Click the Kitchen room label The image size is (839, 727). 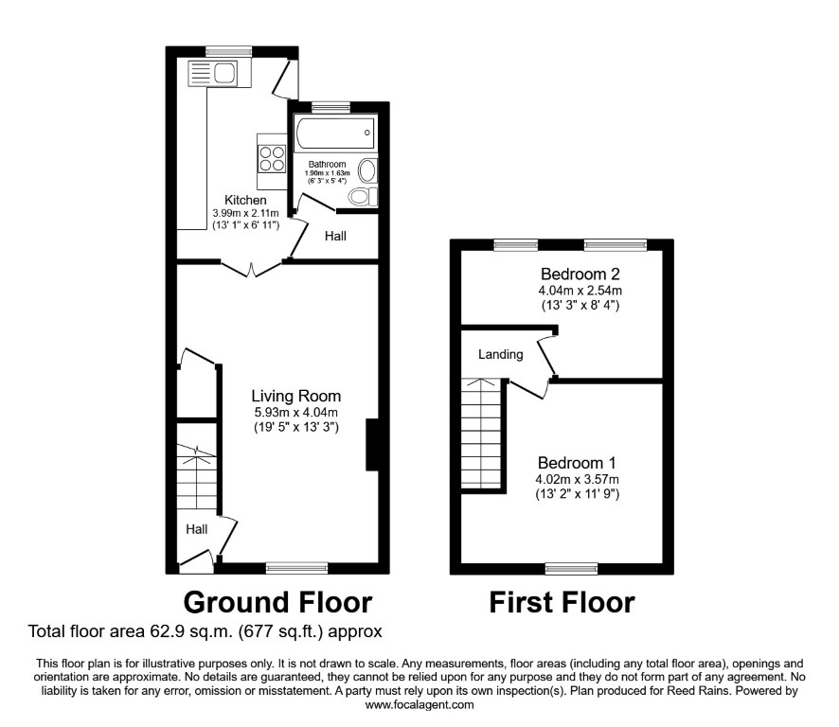[245, 200]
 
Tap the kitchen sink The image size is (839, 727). [212, 73]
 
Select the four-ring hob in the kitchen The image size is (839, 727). [271, 159]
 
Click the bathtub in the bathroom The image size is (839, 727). [335, 133]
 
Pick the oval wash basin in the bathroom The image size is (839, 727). [367, 171]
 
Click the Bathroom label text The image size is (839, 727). [327, 164]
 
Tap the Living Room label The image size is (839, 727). [295, 396]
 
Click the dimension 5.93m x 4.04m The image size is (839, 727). [295, 413]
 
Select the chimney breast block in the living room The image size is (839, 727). [372, 445]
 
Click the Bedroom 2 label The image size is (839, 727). [580, 274]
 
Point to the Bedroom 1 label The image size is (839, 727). [577, 463]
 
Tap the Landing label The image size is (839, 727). [501, 354]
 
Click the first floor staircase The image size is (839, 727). [482, 434]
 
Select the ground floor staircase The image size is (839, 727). [197, 477]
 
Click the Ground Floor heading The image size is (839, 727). [277, 602]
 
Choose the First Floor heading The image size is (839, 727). [562, 602]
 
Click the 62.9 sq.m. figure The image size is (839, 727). [190, 631]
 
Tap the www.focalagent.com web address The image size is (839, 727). [419, 704]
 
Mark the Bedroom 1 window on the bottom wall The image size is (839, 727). [571, 569]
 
